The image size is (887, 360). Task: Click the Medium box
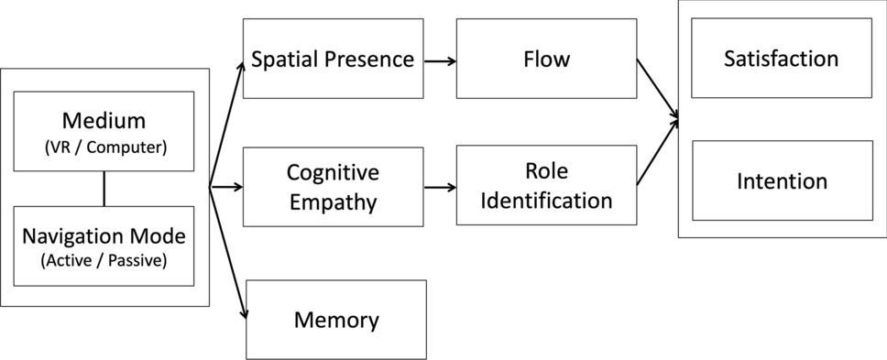[104, 131]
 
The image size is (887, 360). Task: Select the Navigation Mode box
[104, 245]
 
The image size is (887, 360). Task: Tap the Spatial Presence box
[333, 60]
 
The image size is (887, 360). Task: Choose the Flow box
[546, 60]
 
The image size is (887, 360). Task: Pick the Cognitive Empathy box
[333, 187]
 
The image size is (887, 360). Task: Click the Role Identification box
[546, 187]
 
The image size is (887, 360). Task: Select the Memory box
[336, 320]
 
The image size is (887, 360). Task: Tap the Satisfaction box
[781, 60]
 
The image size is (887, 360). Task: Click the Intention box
[781, 180]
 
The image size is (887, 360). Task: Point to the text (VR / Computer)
[104, 147]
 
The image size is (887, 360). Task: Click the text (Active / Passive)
[104, 261]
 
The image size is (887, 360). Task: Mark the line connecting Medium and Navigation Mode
[104, 189]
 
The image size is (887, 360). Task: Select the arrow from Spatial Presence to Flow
[440, 61]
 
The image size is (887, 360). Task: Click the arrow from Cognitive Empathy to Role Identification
[440, 187]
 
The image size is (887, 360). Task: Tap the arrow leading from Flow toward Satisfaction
[658, 89]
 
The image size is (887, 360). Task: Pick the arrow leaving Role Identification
[658, 152]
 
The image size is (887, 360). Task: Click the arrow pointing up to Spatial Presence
[226, 124]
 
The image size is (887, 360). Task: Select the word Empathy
[332, 202]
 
